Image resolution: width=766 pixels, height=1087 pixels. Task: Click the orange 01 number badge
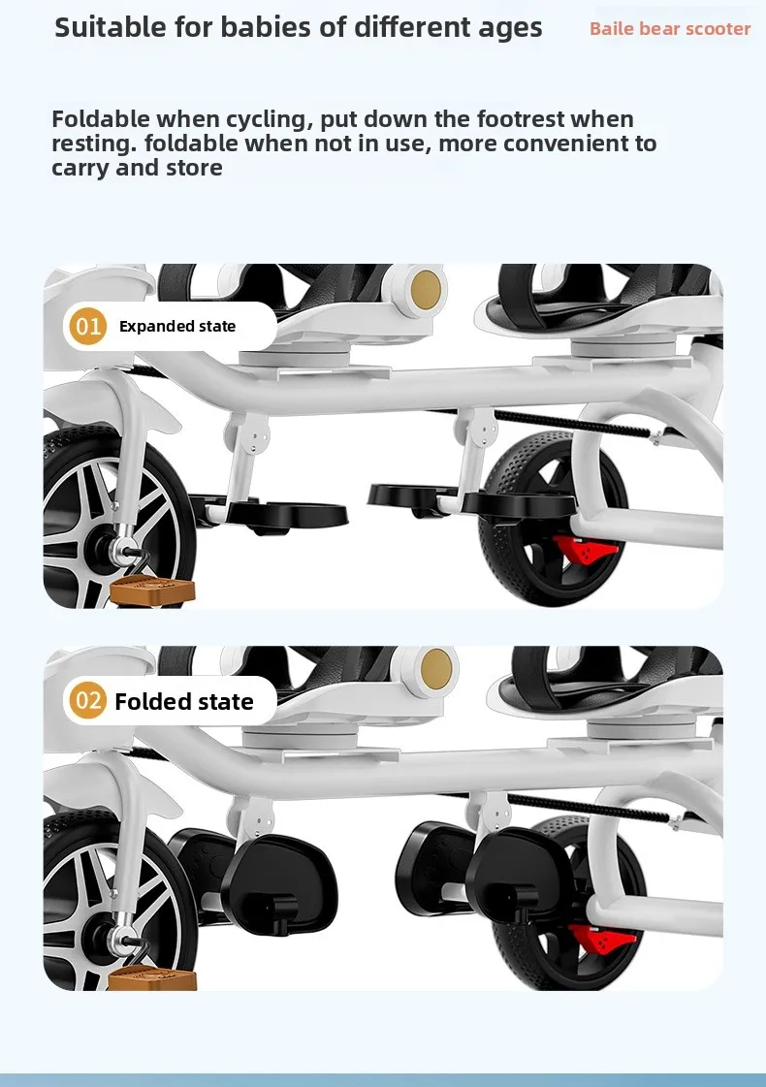coord(88,326)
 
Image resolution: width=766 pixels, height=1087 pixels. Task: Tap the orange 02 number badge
coord(88,701)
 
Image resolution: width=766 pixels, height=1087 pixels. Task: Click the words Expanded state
coord(177,327)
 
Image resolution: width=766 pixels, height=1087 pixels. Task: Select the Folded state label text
coord(184,702)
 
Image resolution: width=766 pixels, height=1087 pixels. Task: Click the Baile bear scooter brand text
coord(670,29)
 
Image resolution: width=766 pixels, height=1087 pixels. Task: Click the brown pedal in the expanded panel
coord(152,591)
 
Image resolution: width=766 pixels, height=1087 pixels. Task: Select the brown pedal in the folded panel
coord(152,977)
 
